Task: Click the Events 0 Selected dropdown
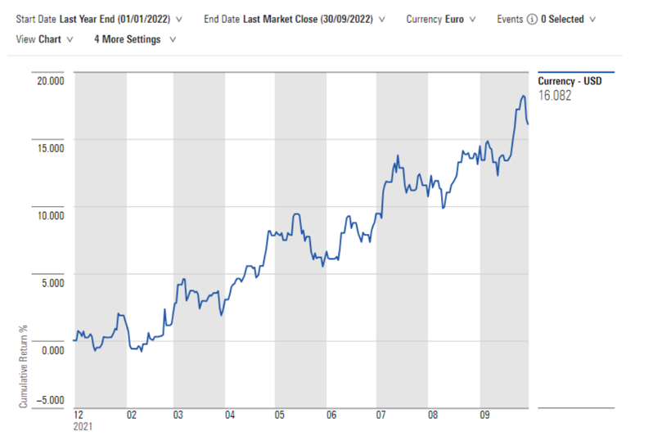[568, 18]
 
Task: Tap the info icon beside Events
[533, 18]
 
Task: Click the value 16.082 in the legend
[554, 95]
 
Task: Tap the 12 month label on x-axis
[79, 415]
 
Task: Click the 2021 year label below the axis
[83, 426]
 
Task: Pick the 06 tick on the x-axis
[331, 415]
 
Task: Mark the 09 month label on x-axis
[484, 415]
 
